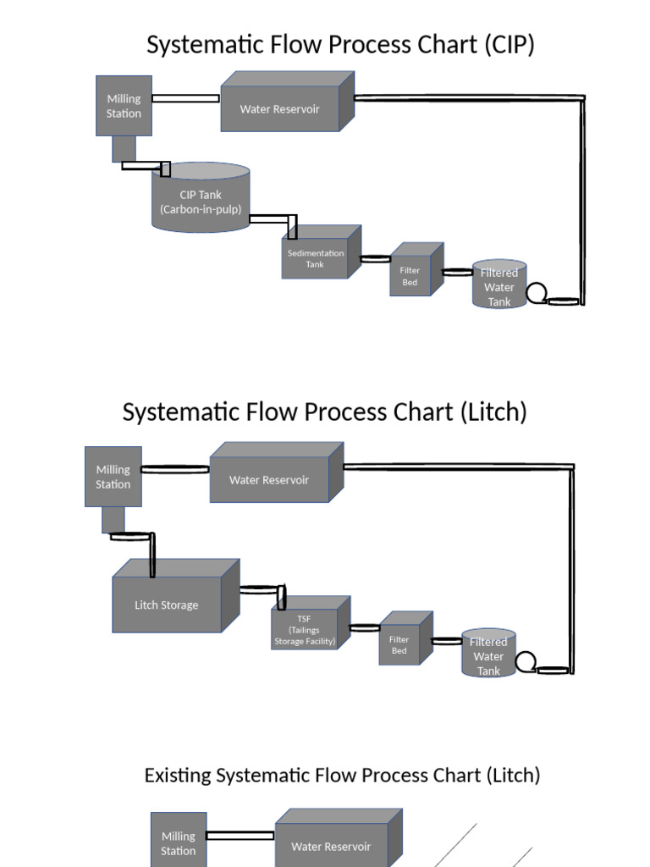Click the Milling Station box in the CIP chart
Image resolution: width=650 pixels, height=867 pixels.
(x=124, y=106)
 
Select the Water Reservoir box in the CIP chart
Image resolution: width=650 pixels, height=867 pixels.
(x=280, y=108)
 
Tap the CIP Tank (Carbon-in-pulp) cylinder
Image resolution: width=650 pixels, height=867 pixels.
(x=201, y=202)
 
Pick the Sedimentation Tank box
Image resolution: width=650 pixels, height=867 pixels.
(x=315, y=258)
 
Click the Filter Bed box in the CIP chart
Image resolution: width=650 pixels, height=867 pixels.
(x=410, y=276)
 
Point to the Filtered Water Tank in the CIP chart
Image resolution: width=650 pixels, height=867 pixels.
(x=499, y=287)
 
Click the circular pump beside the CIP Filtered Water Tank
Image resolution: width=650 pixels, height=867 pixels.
(x=537, y=294)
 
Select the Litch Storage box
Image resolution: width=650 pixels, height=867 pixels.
(x=167, y=605)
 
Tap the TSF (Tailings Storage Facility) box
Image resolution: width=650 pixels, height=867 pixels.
(x=305, y=630)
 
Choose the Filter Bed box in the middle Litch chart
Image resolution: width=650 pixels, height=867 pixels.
(x=399, y=645)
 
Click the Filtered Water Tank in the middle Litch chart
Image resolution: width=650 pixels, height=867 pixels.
(x=488, y=655)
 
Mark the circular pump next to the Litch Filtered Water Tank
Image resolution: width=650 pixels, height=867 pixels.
(x=526, y=662)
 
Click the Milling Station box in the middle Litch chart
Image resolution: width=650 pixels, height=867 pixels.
(x=113, y=477)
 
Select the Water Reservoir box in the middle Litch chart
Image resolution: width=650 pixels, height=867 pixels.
(x=269, y=479)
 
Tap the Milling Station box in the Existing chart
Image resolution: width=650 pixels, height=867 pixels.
(x=179, y=843)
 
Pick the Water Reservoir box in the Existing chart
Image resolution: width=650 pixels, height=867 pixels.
(x=331, y=846)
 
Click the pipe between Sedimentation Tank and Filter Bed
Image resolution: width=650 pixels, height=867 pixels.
(x=375, y=258)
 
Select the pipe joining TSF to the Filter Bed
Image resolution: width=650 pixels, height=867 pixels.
(x=365, y=627)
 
